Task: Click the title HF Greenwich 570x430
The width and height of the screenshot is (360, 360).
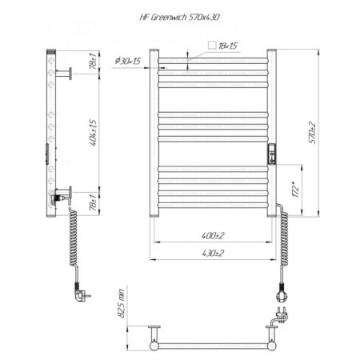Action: (180, 18)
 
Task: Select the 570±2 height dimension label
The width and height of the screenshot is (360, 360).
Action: (312, 133)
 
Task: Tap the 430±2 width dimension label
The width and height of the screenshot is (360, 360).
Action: (213, 253)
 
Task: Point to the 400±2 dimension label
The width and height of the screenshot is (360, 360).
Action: (213, 235)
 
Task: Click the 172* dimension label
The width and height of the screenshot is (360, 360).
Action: (295, 190)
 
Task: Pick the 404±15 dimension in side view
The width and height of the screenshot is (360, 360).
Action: (93, 133)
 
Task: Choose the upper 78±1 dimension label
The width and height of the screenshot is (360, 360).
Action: (93, 61)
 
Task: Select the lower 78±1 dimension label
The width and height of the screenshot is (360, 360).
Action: (93, 202)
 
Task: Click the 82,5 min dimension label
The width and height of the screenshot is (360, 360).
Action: (121, 303)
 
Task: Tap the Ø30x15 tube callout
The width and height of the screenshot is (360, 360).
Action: (128, 61)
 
